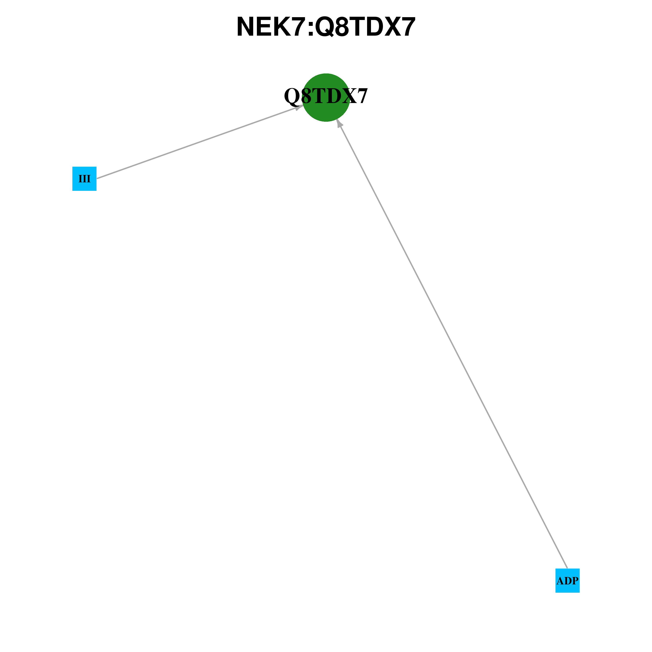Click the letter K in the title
(x=283, y=27)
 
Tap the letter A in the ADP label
(x=560, y=581)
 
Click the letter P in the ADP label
(x=575, y=581)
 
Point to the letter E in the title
(x=264, y=27)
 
